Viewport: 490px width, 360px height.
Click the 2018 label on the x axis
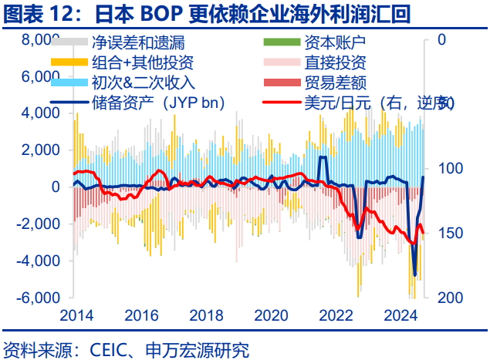206,315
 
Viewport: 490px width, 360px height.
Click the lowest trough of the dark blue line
414,274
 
